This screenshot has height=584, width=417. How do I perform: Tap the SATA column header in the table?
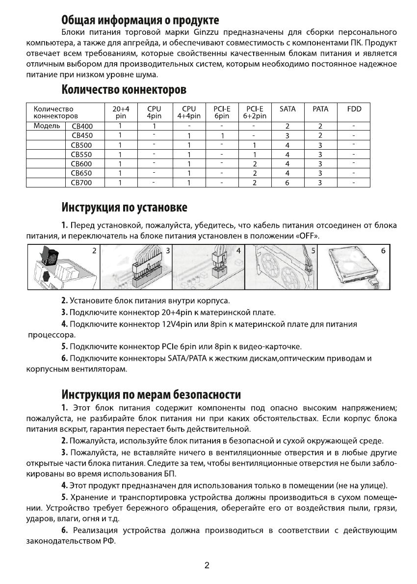287,109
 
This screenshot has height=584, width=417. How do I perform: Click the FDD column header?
354,109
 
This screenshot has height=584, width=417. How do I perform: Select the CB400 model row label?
82,126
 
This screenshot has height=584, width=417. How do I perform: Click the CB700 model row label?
82,183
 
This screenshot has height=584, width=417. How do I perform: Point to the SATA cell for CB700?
287,183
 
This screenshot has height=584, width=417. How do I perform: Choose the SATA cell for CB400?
287,126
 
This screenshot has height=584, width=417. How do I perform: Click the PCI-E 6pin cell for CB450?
222,136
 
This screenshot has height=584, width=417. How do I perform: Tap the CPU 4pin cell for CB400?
154,126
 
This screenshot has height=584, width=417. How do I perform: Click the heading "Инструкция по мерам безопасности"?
151,395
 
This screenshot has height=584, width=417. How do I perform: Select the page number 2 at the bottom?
207,565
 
